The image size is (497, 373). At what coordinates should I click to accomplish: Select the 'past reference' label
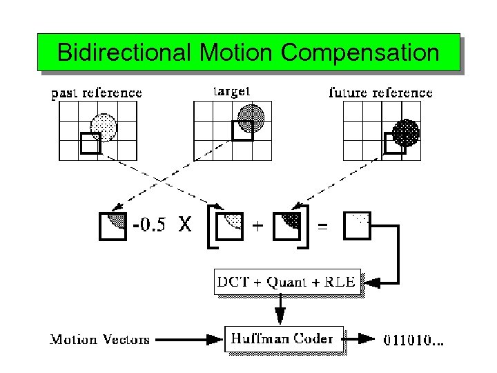pos(97,93)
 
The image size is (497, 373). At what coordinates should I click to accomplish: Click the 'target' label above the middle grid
pos(232,90)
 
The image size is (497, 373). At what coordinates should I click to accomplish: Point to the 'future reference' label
pos(380,93)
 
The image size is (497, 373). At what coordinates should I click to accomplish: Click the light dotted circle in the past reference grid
pos(104,126)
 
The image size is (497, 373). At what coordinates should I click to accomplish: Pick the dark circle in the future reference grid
pos(406,131)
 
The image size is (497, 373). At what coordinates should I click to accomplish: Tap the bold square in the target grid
pos(242,129)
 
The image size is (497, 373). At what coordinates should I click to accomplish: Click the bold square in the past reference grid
pos(90,142)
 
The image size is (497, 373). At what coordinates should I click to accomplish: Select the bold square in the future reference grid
pos(395,142)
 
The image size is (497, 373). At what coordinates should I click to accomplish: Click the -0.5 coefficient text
pos(148,225)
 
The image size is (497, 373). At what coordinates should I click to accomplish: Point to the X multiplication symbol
pos(184,224)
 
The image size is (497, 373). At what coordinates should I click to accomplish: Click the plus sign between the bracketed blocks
pos(257,225)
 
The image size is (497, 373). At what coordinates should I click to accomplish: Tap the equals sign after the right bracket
pos(322,225)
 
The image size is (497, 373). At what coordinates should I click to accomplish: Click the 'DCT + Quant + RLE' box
pos(287,281)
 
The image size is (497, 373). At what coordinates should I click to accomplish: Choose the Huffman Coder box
pos(283,338)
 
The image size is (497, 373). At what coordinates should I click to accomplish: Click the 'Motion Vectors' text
pos(101,339)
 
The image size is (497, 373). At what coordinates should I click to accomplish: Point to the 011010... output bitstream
pos(413,339)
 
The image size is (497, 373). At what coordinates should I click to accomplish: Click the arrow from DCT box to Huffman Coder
pos(281,309)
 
